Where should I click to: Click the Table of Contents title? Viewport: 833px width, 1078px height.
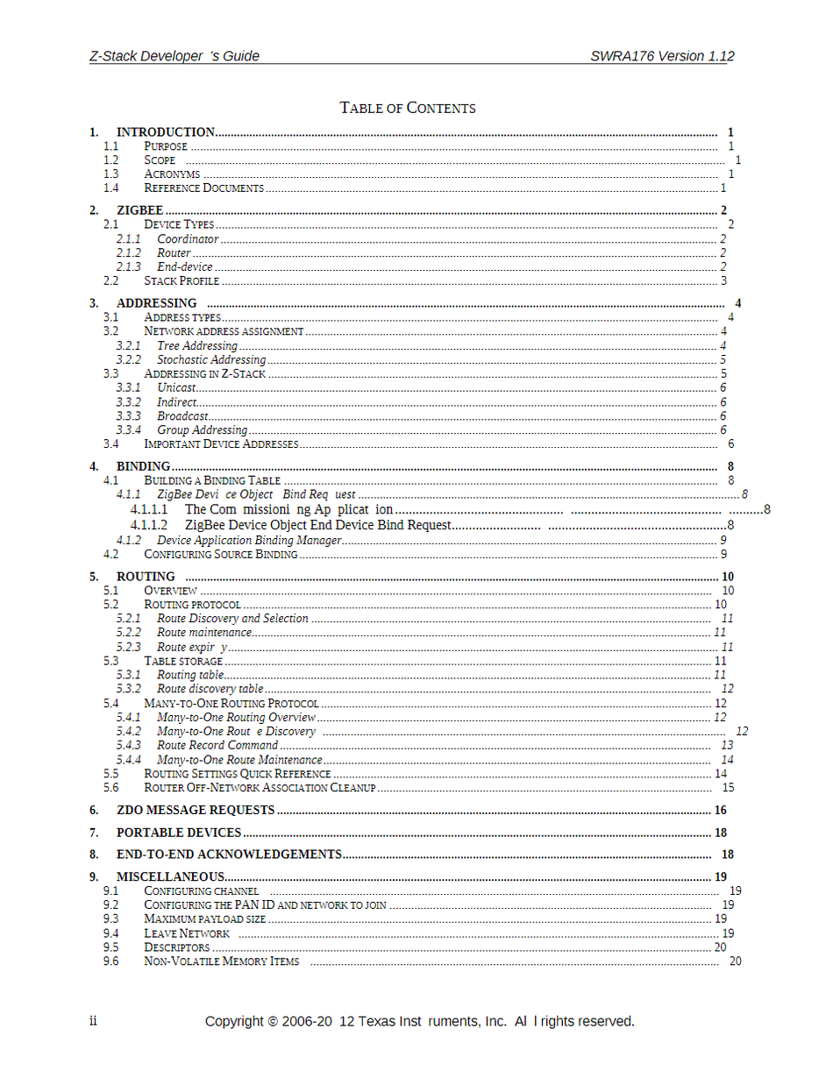pos(408,109)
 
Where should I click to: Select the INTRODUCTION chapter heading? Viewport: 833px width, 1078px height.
pos(166,132)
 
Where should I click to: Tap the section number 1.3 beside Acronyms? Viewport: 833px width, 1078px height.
pos(110,174)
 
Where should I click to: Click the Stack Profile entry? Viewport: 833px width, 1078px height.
pos(182,281)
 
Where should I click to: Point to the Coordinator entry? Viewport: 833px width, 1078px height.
pos(188,239)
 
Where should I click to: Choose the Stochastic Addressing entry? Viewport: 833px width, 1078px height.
pos(210,360)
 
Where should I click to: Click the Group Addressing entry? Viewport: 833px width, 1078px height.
pos(202,430)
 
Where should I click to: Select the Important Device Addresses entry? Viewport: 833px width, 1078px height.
pos(221,444)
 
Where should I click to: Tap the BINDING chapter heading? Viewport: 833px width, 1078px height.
pos(143,466)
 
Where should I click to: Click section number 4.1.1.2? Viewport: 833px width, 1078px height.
pos(149,525)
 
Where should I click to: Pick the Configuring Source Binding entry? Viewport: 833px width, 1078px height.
pos(220,554)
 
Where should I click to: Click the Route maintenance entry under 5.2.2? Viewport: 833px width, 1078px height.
pos(203,633)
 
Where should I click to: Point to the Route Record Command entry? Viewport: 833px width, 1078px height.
pos(217,745)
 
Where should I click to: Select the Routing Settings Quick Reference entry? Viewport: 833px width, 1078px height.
pos(237,774)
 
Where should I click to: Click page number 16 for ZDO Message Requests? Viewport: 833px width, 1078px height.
pos(721,810)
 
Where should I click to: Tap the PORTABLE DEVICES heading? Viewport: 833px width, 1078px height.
pos(179,833)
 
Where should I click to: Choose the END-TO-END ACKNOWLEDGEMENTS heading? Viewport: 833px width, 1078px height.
pos(229,855)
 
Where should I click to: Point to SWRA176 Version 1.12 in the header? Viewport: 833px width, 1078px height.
pos(662,56)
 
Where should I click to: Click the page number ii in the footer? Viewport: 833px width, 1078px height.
pos(93,1022)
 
